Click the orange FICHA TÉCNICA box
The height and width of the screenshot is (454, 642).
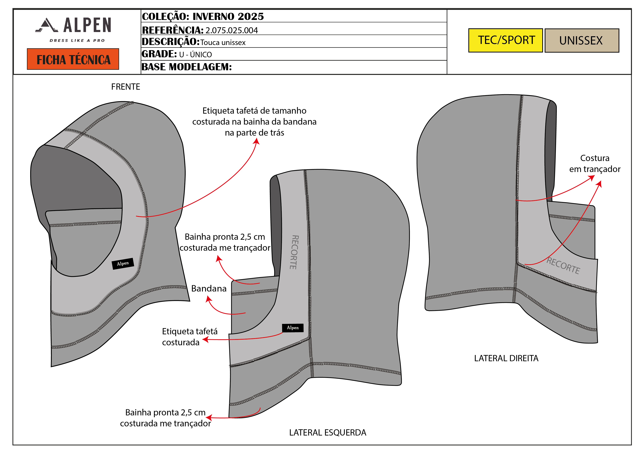pyautogui.click(x=73, y=59)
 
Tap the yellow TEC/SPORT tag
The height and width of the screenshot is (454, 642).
pyautogui.click(x=505, y=40)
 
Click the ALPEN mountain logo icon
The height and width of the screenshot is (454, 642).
pyautogui.click(x=47, y=25)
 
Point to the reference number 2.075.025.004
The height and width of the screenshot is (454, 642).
pyautogui.click(x=231, y=30)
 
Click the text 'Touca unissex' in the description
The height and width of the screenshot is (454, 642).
pyautogui.click(x=223, y=42)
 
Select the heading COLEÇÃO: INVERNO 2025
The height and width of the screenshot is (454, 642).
pyautogui.click(x=203, y=16)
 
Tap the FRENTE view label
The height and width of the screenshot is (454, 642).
pyautogui.click(x=126, y=87)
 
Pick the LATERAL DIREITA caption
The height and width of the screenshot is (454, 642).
pyautogui.click(x=506, y=358)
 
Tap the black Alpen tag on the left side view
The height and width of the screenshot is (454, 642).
pyautogui.click(x=293, y=328)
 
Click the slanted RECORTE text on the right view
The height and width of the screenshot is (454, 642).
pyautogui.click(x=563, y=266)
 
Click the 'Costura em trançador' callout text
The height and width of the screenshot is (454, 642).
pyautogui.click(x=595, y=164)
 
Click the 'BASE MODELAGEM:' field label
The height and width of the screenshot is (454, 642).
pyautogui.click(x=186, y=67)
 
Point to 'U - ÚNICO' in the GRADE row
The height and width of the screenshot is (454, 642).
pyautogui.click(x=195, y=55)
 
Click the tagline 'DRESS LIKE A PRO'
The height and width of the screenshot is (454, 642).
pyautogui.click(x=77, y=41)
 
